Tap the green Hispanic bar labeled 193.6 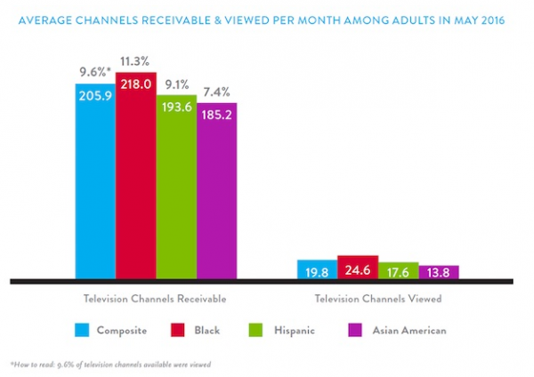tap(176, 187)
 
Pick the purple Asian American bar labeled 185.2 tap(216, 191)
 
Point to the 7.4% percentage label tap(216, 90)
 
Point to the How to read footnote tap(111, 365)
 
